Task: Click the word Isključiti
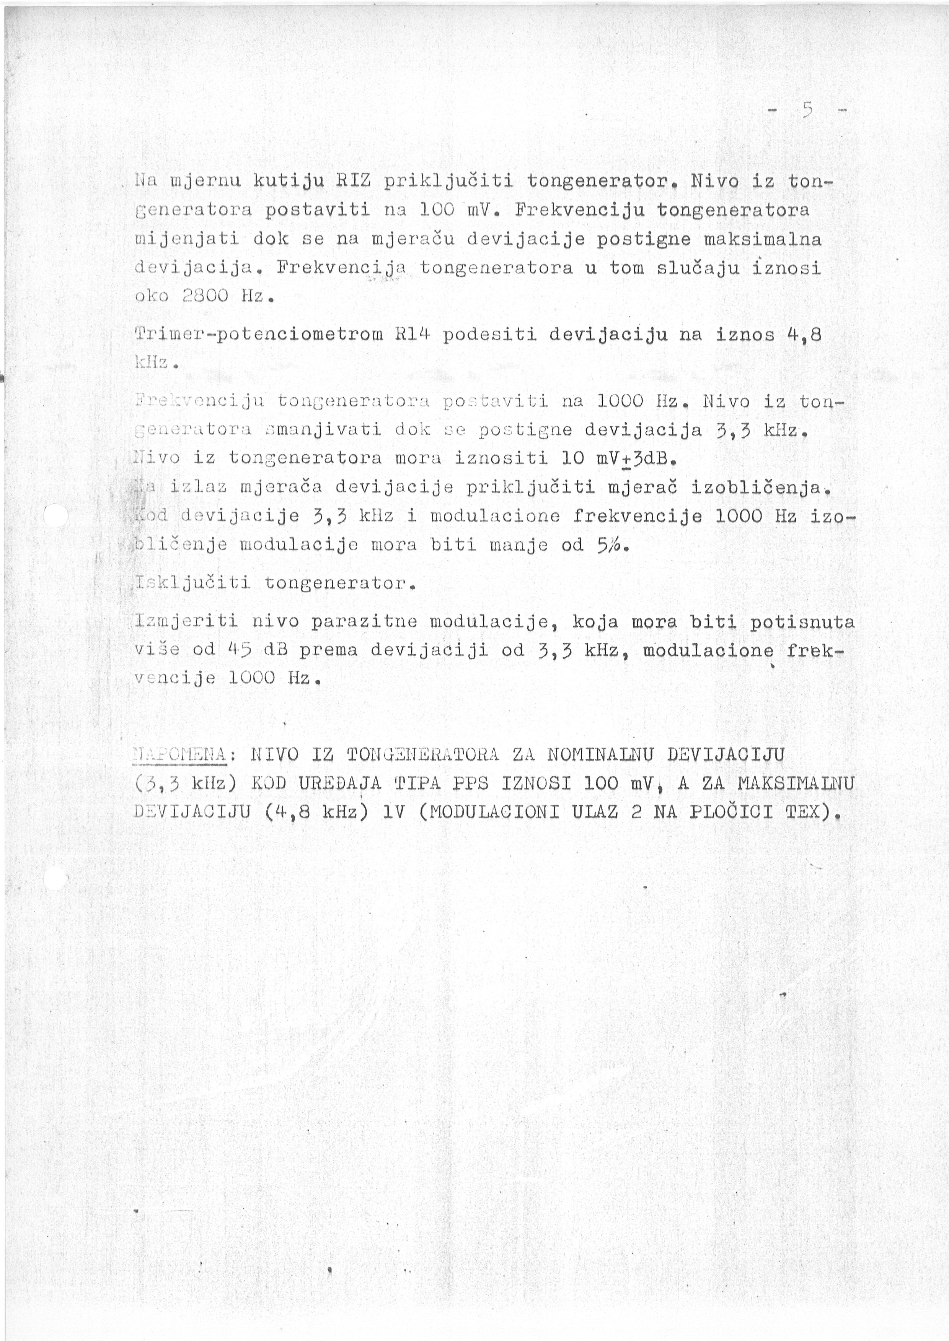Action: pyautogui.click(x=193, y=583)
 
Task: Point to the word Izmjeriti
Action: pyautogui.click(x=186, y=621)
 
